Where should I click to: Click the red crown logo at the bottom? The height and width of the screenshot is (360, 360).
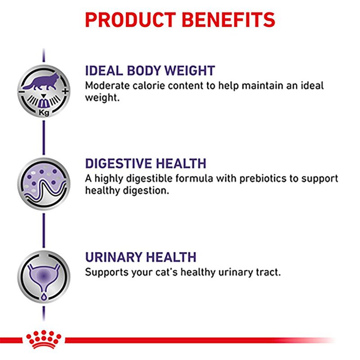45,339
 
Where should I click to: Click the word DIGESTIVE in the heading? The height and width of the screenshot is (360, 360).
120,163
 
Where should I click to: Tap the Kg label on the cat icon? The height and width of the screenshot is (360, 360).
44,113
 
